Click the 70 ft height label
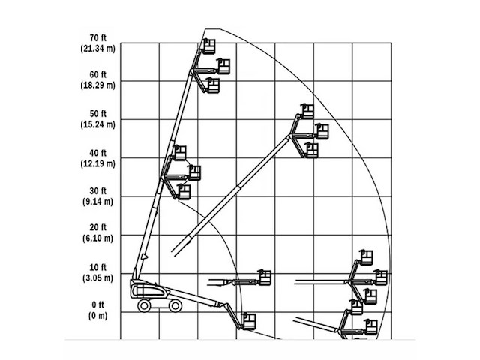(x=98, y=37)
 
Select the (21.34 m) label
(x=97, y=48)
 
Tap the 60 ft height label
(x=98, y=76)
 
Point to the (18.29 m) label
(x=97, y=86)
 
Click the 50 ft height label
(x=98, y=114)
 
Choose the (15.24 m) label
(x=97, y=124)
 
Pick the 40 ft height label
(x=98, y=152)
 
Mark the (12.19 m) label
(x=97, y=163)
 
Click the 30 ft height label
(x=98, y=190)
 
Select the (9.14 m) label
(x=97, y=201)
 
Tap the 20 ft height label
(x=98, y=228)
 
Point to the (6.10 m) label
(x=97, y=238)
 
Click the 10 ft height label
(x=98, y=267)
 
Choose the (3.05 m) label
(x=97, y=277)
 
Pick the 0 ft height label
(x=98, y=304)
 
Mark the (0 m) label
(x=97, y=315)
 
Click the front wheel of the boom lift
(x=175, y=305)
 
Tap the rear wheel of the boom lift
(x=142, y=305)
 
